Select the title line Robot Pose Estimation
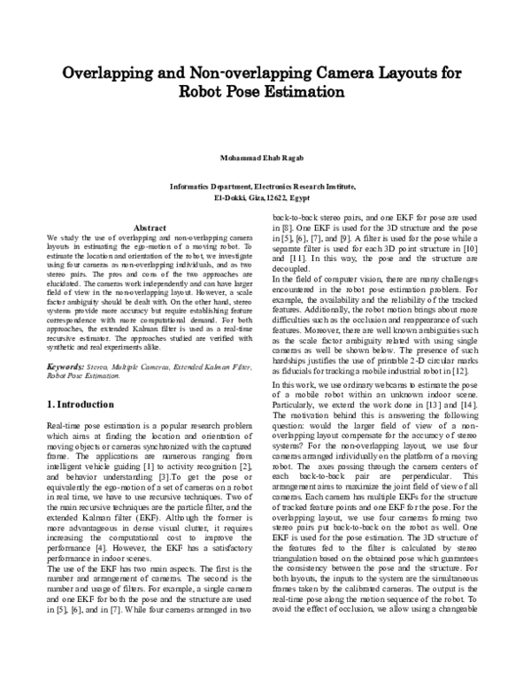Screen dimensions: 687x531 265,93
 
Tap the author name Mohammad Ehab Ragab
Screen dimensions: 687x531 265,158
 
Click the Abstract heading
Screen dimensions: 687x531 149,228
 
